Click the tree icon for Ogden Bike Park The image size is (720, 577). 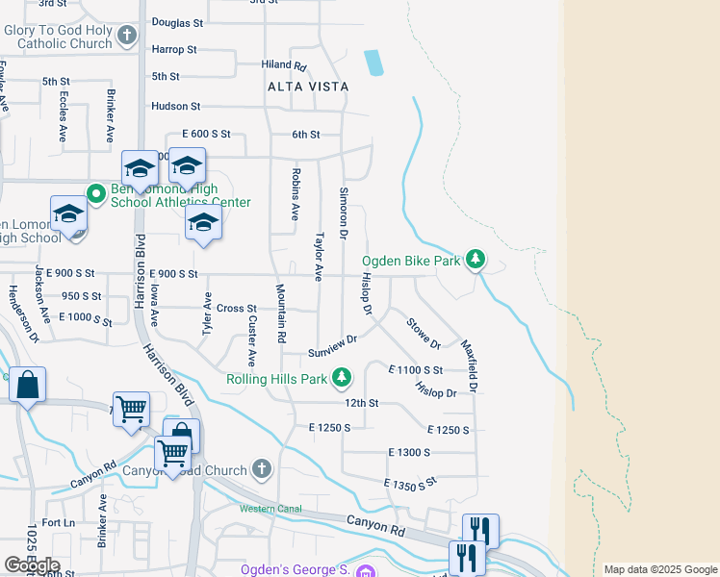point(475,260)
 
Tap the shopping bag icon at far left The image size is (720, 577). point(28,386)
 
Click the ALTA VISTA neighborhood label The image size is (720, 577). point(308,87)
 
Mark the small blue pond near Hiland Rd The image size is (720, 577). point(373,63)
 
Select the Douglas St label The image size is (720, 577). point(178,22)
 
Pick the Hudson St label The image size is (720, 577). point(175,107)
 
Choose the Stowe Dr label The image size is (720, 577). point(424,333)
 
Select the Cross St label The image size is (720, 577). point(236,308)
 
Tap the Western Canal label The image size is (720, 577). point(270,508)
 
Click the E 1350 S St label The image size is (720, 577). point(410,485)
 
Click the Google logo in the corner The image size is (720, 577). point(32,564)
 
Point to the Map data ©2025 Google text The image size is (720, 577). point(659,569)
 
